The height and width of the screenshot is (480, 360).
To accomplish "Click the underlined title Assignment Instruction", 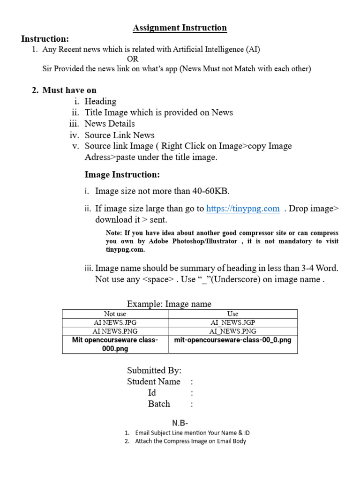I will (180, 28).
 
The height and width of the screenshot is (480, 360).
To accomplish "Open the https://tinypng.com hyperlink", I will (243, 209).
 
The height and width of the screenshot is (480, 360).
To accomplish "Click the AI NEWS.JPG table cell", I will (115, 322).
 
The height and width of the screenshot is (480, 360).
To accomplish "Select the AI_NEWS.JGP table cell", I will (232, 322).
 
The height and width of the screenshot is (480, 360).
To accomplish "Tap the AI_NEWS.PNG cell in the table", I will (232, 331).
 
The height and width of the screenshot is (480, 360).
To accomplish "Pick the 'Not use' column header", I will (115, 314).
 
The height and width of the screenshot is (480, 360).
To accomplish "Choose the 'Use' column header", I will (232, 314).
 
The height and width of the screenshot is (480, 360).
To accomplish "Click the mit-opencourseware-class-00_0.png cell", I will (232, 340).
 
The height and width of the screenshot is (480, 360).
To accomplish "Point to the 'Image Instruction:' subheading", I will (122, 175).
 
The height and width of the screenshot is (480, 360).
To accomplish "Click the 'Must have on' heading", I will (69, 90).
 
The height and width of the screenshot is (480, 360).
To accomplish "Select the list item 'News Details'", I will (109, 124).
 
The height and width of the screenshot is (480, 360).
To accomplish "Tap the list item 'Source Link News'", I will (119, 135).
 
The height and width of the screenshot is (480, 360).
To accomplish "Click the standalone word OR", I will (133, 59).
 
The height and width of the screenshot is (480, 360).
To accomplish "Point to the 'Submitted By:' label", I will (154, 370).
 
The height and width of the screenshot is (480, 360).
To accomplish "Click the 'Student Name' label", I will (153, 382).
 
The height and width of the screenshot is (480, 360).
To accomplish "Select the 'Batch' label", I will (159, 404).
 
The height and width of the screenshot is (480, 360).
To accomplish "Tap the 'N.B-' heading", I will (180, 423).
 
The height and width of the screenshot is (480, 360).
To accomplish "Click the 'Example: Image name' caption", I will (169, 304).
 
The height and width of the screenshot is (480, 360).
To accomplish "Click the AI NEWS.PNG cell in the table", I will (115, 331).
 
